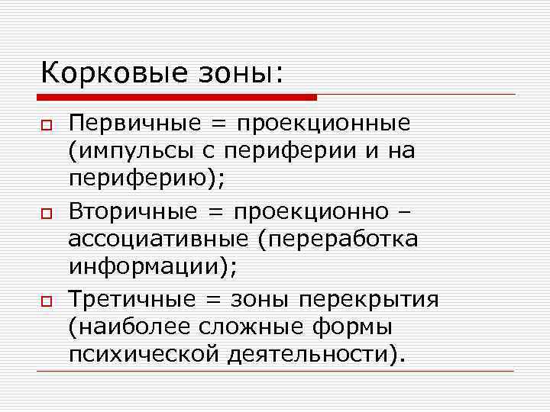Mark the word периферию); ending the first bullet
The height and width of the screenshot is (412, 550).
[146, 181]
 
